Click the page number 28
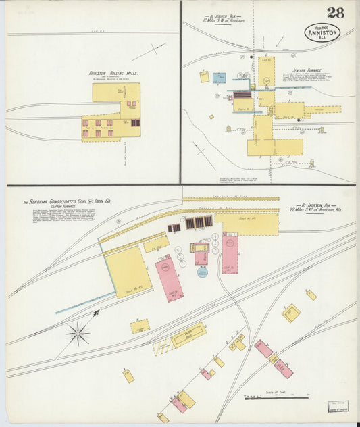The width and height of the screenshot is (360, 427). click(335, 13)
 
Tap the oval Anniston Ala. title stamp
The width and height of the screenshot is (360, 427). click(322, 32)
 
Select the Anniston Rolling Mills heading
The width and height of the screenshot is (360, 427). click(111, 74)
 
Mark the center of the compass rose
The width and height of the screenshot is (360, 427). click(78, 333)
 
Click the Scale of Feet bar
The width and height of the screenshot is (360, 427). click(276, 398)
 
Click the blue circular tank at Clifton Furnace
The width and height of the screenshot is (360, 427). click(203, 272)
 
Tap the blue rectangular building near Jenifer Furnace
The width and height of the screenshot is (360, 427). click(219, 78)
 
